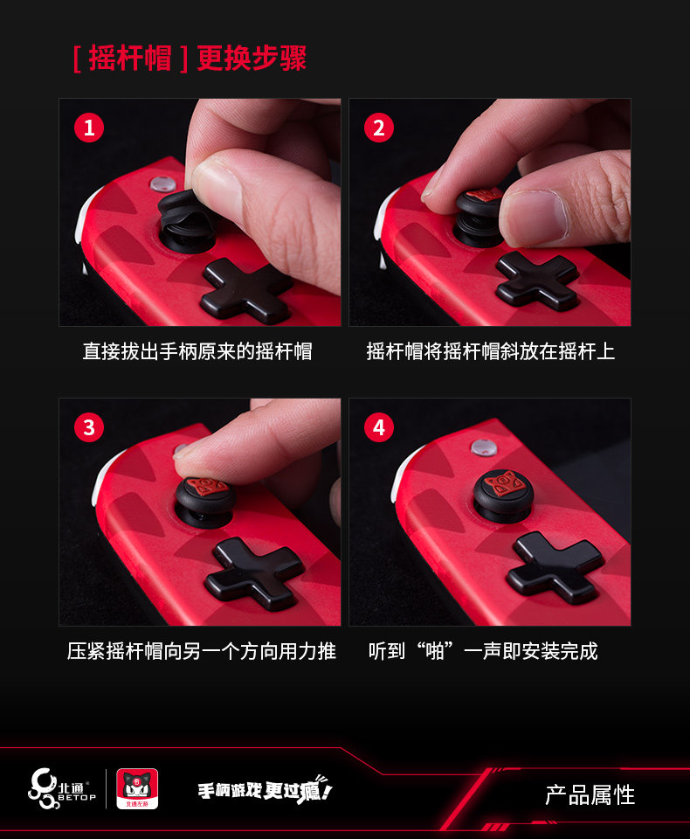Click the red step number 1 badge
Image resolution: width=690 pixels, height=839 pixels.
click(89, 128)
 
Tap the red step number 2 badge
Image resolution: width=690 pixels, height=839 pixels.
click(379, 128)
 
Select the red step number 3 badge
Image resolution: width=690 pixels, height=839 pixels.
click(89, 427)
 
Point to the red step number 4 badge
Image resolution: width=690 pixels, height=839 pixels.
click(379, 427)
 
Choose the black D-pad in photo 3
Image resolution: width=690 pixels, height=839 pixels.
click(255, 575)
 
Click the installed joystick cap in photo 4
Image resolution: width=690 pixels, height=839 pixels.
click(503, 495)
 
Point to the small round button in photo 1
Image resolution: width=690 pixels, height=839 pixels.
click(162, 184)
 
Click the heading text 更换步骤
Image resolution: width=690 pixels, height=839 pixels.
click(252, 58)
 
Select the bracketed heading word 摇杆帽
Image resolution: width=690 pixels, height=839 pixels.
click(130, 58)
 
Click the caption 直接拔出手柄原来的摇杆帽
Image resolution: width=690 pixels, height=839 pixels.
click(197, 351)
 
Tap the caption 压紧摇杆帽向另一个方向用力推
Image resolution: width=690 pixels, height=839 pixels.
click(201, 651)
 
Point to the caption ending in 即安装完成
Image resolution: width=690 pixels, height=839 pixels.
click(483, 651)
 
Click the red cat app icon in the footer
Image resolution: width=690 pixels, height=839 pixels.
click(137, 788)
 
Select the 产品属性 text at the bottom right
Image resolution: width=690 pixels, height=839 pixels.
click(590, 795)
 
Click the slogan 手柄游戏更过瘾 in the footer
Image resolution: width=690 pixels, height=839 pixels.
click(265, 789)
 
